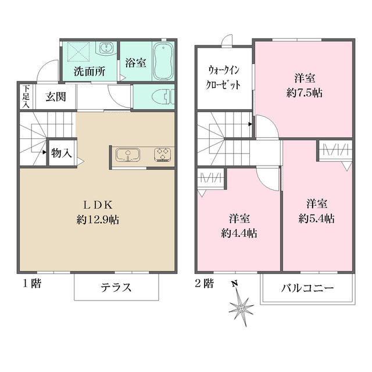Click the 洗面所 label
click(89, 73)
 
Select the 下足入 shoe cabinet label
click(25, 96)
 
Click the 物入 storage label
click(61, 153)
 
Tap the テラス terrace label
click(116, 287)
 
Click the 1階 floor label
click(32, 284)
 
